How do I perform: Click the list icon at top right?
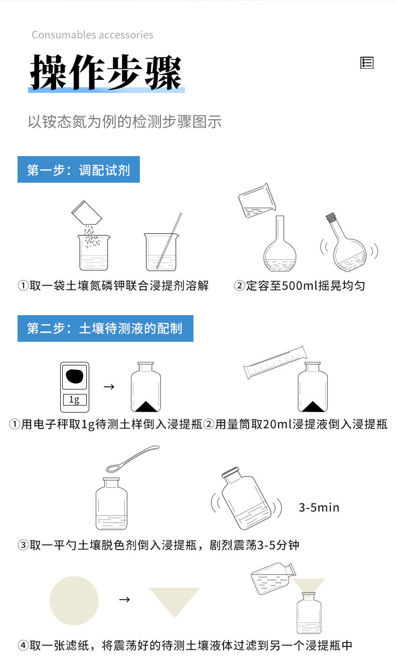[366, 63]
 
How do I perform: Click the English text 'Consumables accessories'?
[92, 35]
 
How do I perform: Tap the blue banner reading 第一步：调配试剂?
[79, 169]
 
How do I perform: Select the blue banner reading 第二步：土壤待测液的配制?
[105, 328]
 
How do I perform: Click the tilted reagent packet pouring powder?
[87, 213]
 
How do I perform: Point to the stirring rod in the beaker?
[169, 240]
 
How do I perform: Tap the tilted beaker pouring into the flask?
[257, 200]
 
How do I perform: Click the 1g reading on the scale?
[74, 400]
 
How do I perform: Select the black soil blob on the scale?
[74, 376]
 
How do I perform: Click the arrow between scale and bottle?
[109, 386]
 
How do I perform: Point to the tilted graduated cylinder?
[275, 362]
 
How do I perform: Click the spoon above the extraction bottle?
[132, 459]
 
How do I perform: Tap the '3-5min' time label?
[319, 507]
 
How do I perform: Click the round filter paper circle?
[74, 600]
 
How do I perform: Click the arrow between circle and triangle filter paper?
[124, 600]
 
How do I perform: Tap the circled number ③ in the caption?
[23, 545]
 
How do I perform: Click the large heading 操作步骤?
[106, 72]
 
